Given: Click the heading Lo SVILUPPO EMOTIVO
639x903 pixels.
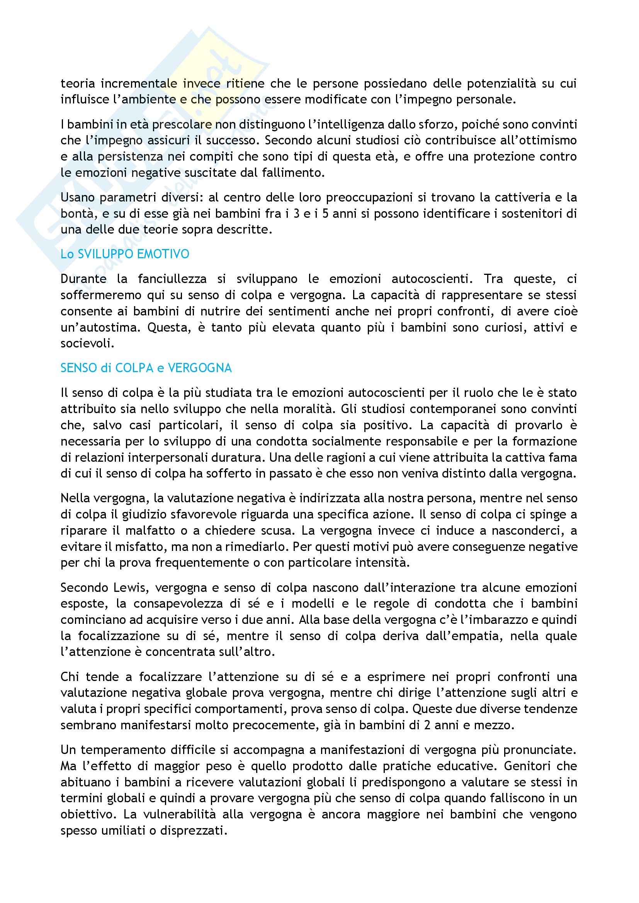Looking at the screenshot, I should pos(125,254).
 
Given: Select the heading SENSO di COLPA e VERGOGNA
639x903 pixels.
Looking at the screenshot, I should pos(146,368).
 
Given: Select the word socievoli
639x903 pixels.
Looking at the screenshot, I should pos(87,343).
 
